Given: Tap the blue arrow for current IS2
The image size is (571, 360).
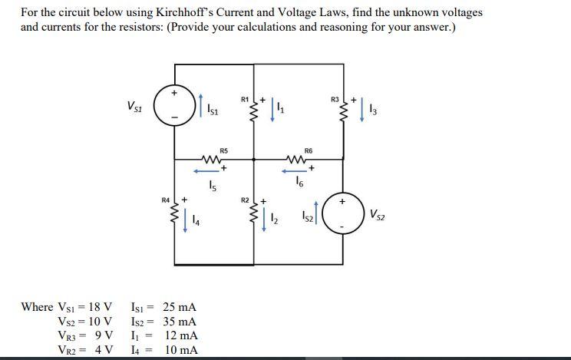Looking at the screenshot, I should [316, 215].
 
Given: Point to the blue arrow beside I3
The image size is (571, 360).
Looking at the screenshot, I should [364, 113].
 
